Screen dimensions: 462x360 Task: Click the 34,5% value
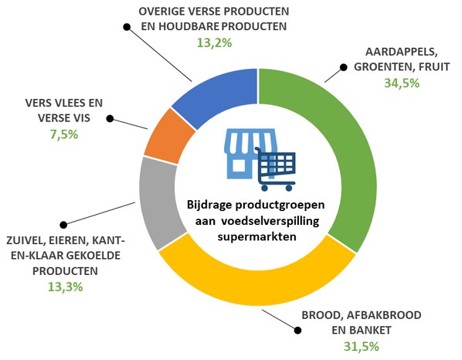[402, 83]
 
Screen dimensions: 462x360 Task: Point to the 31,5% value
[362, 346]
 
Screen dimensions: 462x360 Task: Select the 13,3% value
[66, 287]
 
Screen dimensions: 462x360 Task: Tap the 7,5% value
[64, 134]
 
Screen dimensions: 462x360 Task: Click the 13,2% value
[214, 42]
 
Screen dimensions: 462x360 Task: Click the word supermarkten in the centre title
[256, 236]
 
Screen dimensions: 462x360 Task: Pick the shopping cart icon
[276, 169]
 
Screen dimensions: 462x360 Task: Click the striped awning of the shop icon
[251, 141]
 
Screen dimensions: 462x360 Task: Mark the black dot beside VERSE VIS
[110, 118]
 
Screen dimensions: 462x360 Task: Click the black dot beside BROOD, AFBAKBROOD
[297, 330]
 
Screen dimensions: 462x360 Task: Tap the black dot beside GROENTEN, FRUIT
[343, 67]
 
